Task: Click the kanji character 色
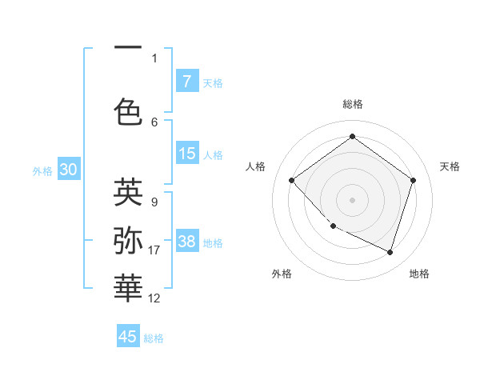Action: [128, 111]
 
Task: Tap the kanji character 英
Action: [128, 192]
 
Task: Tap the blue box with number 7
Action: [187, 82]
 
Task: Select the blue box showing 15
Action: [187, 154]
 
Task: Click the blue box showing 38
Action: [187, 242]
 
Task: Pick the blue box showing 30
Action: [69, 170]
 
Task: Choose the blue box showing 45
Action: [128, 337]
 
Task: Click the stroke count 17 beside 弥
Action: [154, 250]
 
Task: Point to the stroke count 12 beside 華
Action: [154, 298]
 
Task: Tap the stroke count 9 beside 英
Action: [154, 202]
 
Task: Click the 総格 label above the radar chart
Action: [352, 104]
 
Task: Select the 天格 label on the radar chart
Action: [450, 166]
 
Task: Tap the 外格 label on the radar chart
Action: [282, 274]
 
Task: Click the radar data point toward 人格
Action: [292, 181]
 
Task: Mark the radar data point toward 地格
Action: [390, 253]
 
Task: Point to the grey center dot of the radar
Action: [352, 199]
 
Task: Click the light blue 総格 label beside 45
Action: [154, 338]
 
